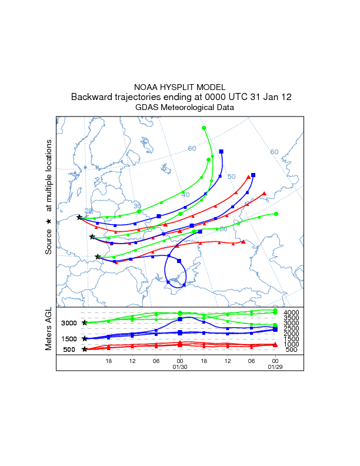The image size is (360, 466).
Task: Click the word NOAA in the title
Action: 145,86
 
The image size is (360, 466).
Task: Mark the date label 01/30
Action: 179,367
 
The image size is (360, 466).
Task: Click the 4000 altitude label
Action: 292,312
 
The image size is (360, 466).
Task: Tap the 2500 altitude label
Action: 292,328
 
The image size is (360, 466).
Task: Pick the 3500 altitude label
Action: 292,317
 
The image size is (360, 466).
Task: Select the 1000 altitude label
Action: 292,344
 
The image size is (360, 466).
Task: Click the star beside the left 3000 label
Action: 85,322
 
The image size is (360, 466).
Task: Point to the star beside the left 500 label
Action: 85,349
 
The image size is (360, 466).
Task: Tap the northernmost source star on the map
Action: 79,217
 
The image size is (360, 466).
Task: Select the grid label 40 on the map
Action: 185,195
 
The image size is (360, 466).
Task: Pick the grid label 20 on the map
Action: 88,211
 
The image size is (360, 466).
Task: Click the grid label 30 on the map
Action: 137,206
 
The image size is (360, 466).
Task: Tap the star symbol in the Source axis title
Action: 49,221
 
